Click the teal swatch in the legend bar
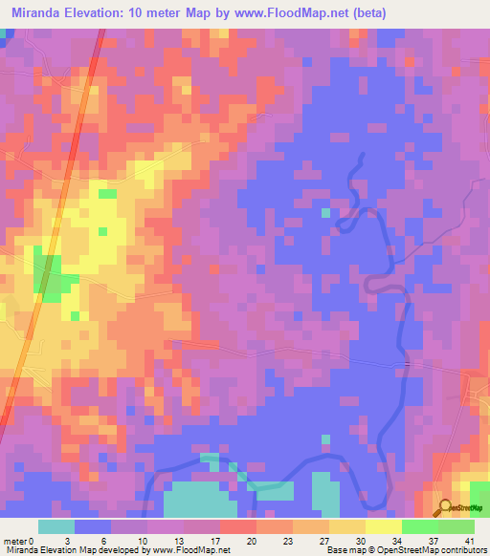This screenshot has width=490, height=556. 56,526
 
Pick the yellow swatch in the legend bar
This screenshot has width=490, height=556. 383,526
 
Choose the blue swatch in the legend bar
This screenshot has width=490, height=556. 93,526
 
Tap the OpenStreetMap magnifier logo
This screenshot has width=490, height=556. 443,508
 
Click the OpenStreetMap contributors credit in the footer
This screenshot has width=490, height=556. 434,550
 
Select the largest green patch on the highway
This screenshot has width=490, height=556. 44,272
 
